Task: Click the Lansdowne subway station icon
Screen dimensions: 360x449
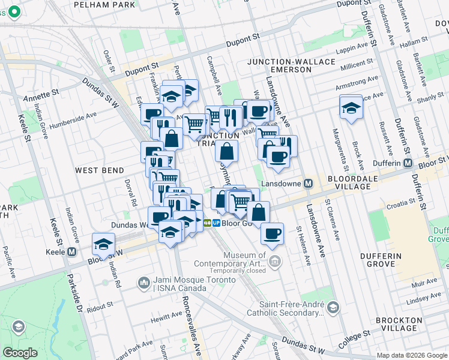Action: point(309,184)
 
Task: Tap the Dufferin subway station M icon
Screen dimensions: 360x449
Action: point(408,164)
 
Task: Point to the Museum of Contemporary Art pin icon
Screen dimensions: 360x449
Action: point(274,260)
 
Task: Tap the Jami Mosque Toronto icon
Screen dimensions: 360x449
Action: point(143,283)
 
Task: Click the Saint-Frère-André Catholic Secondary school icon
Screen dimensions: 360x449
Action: point(333,308)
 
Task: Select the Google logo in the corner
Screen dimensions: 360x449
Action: point(20,353)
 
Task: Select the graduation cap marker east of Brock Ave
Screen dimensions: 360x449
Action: point(351,108)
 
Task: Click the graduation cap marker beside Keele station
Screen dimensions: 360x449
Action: point(103,245)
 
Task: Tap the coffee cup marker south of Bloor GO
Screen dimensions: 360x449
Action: point(272,233)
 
